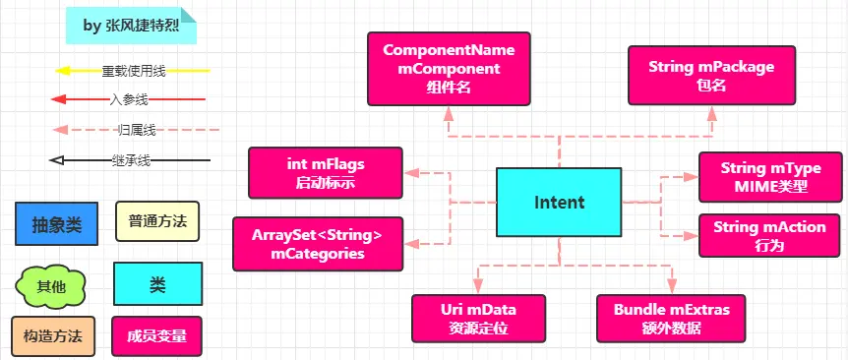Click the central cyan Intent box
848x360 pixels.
tap(559, 202)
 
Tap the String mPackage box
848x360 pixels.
tap(711, 75)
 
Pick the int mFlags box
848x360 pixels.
tap(326, 172)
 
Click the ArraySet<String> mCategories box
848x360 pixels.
tap(317, 244)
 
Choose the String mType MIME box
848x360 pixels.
tap(770, 177)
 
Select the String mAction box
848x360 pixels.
tap(770, 236)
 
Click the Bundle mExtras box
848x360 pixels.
tap(671, 318)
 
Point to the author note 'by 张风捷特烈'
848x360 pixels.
tap(130, 27)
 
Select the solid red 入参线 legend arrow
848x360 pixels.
tap(128, 99)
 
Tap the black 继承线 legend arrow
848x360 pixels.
tap(129, 159)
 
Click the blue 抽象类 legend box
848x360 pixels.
tap(57, 223)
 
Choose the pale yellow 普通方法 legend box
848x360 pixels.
tap(157, 221)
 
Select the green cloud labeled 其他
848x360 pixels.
tap(51, 286)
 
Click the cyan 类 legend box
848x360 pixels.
tap(157, 284)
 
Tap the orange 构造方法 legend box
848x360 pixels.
tap(53, 336)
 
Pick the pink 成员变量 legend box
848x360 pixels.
tap(157, 336)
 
